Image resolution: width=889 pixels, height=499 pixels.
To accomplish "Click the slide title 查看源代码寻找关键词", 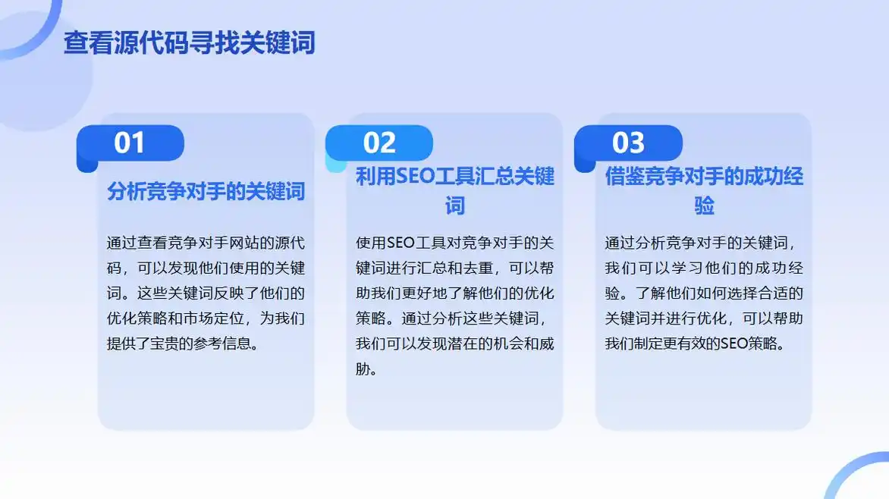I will click(189, 42).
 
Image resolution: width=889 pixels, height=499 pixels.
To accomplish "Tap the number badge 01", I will click(130, 143).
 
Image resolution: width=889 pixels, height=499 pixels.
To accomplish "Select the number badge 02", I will click(379, 143).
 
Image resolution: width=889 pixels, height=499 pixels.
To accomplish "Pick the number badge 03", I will click(628, 143).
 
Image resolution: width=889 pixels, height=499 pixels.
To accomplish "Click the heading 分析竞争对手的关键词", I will click(206, 191).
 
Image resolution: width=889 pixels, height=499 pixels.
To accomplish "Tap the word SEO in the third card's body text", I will click(734, 344).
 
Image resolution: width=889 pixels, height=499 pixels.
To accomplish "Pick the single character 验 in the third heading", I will click(704, 206).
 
